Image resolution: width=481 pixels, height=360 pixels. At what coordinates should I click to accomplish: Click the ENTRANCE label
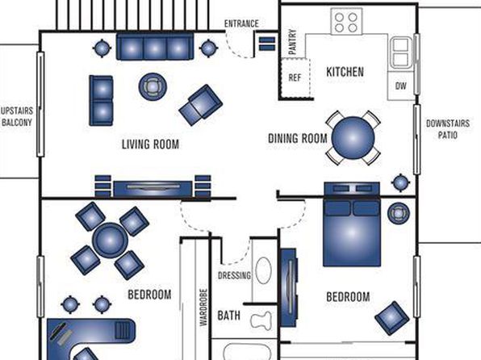tap(241, 23)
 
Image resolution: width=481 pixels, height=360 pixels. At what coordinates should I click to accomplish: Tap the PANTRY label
tap(293, 42)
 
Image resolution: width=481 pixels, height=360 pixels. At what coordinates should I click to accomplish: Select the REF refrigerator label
tap(295, 77)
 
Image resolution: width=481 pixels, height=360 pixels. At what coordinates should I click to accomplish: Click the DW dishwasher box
tap(401, 86)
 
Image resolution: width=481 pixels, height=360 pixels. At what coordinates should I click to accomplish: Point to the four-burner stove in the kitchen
tap(346, 21)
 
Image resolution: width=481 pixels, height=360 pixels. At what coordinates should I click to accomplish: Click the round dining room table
tap(353, 137)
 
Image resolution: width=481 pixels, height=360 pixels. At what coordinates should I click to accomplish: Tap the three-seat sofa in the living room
tap(155, 46)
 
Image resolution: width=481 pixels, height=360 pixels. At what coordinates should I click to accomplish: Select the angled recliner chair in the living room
tap(201, 105)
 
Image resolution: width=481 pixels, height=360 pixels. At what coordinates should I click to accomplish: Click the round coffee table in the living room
tap(153, 86)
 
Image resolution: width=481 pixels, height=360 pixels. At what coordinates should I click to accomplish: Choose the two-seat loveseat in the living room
tap(101, 101)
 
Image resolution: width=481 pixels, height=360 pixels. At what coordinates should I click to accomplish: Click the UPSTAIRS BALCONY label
tap(17, 116)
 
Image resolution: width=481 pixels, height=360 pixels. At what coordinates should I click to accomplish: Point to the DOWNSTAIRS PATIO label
tap(448, 129)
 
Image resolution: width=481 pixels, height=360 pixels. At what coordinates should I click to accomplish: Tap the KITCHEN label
tap(345, 72)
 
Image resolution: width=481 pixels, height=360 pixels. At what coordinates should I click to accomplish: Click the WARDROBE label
tap(203, 308)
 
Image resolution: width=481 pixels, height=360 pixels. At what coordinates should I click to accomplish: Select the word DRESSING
tap(234, 275)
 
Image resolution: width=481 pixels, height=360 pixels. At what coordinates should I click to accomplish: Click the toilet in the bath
tap(261, 320)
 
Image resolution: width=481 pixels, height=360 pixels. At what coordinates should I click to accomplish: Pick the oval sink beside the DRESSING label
tap(264, 270)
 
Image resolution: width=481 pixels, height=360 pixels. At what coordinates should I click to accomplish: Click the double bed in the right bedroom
tap(352, 224)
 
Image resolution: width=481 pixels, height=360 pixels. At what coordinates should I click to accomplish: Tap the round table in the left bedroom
tap(110, 241)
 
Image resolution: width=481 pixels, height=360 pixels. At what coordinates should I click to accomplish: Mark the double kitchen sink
tap(401, 52)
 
